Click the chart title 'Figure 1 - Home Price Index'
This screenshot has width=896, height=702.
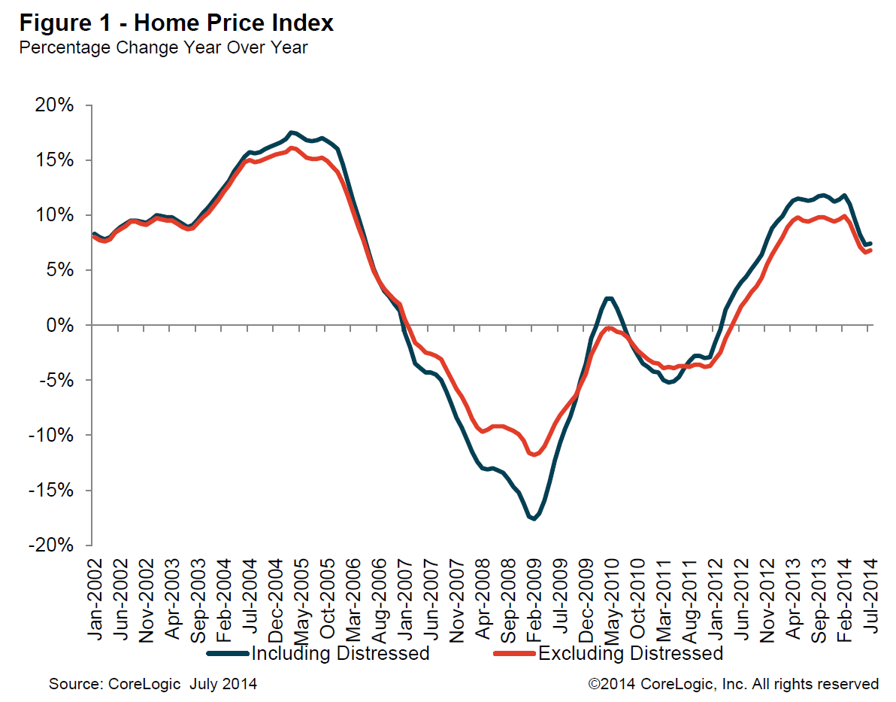click(x=177, y=23)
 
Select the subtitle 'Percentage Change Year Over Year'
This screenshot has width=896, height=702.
click(x=163, y=48)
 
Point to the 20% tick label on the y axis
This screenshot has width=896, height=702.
click(x=55, y=105)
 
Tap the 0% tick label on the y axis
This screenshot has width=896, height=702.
click(x=59, y=325)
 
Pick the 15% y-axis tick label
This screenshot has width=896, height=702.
click(x=55, y=160)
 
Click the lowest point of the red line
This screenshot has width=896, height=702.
click(x=534, y=454)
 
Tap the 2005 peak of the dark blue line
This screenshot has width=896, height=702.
click(x=292, y=132)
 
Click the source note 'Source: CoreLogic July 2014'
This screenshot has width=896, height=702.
click(x=153, y=684)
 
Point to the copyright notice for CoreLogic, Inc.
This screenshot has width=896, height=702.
click(x=733, y=684)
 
